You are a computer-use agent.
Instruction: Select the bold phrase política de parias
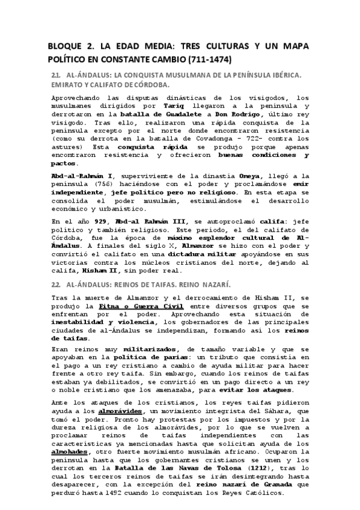coord(155,357)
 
